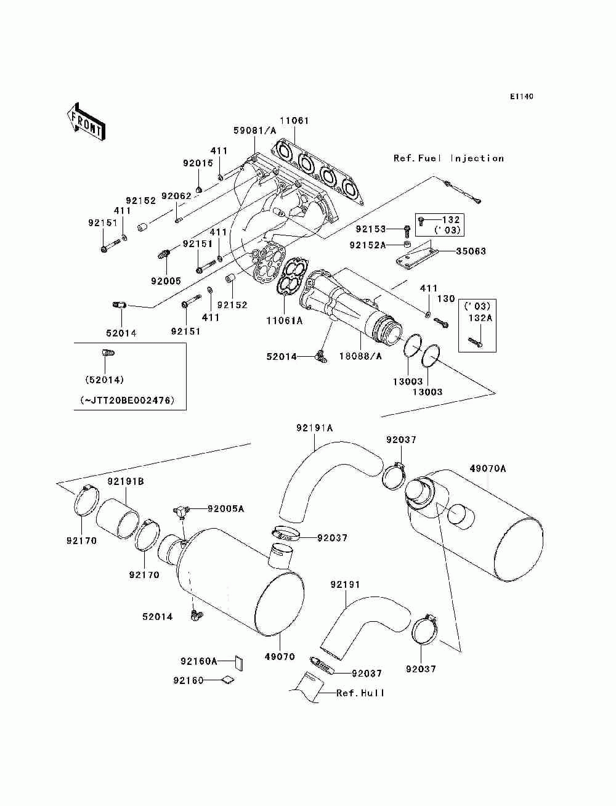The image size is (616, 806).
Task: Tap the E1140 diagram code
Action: pyautogui.click(x=521, y=97)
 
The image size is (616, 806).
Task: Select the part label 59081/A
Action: pyautogui.click(x=255, y=131)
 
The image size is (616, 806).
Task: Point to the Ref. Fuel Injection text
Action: pyautogui.click(x=448, y=158)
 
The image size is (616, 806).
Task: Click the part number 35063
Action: pyautogui.click(x=471, y=251)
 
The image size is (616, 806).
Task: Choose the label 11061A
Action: pyautogui.click(x=285, y=320)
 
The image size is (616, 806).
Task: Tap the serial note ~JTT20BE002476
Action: pyautogui.click(x=128, y=401)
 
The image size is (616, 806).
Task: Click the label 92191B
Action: pyautogui.click(x=126, y=481)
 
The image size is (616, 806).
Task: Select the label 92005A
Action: pyautogui.click(x=226, y=508)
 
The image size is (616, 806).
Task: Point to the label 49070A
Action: pyautogui.click(x=487, y=468)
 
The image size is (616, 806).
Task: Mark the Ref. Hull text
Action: pyautogui.click(x=360, y=693)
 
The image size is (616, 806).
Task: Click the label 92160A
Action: pyautogui.click(x=198, y=661)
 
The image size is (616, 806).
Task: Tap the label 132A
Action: pyautogui.click(x=480, y=318)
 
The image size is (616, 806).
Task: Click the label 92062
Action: pyautogui.click(x=177, y=196)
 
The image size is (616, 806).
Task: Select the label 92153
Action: pyautogui.click(x=371, y=229)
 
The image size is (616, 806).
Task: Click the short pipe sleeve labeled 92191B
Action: pyautogui.click(x=118, y=519)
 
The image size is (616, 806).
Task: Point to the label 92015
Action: pyautogui.click(x=198, y=163)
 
